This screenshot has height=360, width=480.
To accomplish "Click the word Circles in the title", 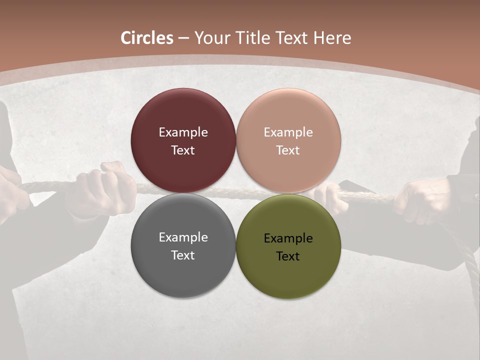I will (x=147, y=38).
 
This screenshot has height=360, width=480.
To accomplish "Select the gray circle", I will (x=183, y=270).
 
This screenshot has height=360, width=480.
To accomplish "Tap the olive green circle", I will (x=288, y=275).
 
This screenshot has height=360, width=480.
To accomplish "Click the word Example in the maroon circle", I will (x=183, y=132).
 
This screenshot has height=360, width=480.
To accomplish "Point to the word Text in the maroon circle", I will (x=183, y=150).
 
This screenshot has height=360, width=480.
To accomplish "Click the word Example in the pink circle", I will (x=288, y=132).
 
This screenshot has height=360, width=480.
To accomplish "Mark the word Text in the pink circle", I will (x=288, y=150).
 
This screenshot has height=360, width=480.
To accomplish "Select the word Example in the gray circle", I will (x=183, y=237).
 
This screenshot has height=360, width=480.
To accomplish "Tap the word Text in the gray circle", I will (x=183, y=255).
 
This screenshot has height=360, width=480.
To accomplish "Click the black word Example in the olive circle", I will (x=288, y=238).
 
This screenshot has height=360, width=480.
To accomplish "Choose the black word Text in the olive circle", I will (x=288, y=256).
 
